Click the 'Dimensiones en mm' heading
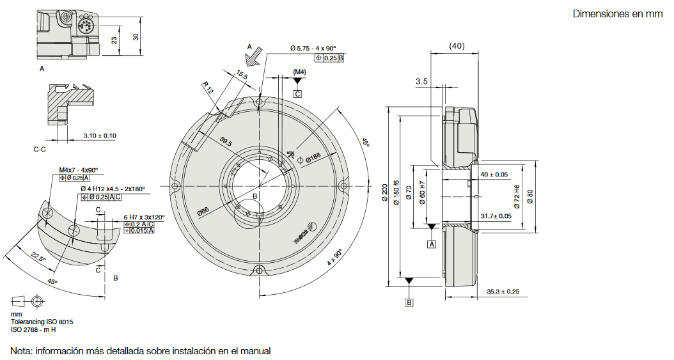pos(618,14)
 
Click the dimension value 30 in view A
pos(136,36)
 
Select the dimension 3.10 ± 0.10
pos(100,136)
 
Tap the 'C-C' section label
pos(40,149)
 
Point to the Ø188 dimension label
pos(312,156)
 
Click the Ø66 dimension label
pos(203,210)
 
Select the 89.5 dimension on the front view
pos(225,143)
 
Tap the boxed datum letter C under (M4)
pos(297,93)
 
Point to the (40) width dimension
pos(457,46)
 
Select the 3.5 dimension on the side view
pos(421,81)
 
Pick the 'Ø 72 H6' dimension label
pos(517,194)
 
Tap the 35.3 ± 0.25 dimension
pos(503,292)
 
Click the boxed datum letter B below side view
pos(409,302)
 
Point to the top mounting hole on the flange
pos(259,102)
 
